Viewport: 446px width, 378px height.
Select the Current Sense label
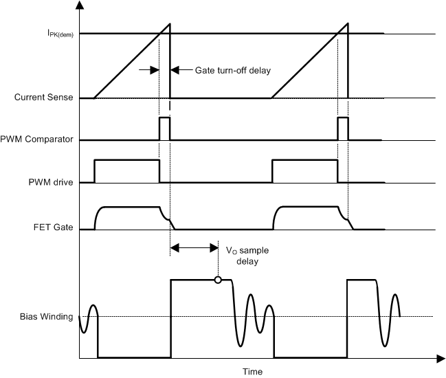click(44, 98)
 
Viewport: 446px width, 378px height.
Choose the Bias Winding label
click(47, 317)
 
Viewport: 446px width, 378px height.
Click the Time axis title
click(252, 372)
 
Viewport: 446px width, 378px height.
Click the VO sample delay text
click(245, 256)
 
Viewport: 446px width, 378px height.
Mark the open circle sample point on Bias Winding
click(218, 280)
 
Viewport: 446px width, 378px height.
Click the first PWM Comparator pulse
click(164, 129)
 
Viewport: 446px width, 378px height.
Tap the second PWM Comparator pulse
click(343, 129)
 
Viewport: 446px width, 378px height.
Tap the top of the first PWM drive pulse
click(126, 160)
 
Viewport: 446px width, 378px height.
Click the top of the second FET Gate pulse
click(309, 206)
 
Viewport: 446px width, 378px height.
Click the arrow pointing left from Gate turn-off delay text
click(175, 69)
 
